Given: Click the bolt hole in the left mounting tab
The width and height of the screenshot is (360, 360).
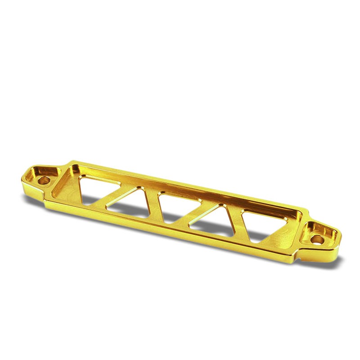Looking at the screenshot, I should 44,180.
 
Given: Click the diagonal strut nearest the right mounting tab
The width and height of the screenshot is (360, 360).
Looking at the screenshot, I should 236,220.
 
